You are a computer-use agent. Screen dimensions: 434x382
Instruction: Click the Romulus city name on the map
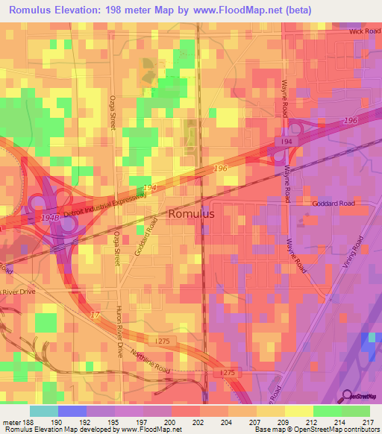tap(191, 213)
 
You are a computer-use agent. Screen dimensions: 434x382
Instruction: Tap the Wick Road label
tap(364, 32)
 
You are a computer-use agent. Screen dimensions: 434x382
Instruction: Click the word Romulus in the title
tap(33, 10)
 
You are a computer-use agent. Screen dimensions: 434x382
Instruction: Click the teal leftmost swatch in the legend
tap(44, 411)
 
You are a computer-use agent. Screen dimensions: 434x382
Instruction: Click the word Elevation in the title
tap(84, 10)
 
